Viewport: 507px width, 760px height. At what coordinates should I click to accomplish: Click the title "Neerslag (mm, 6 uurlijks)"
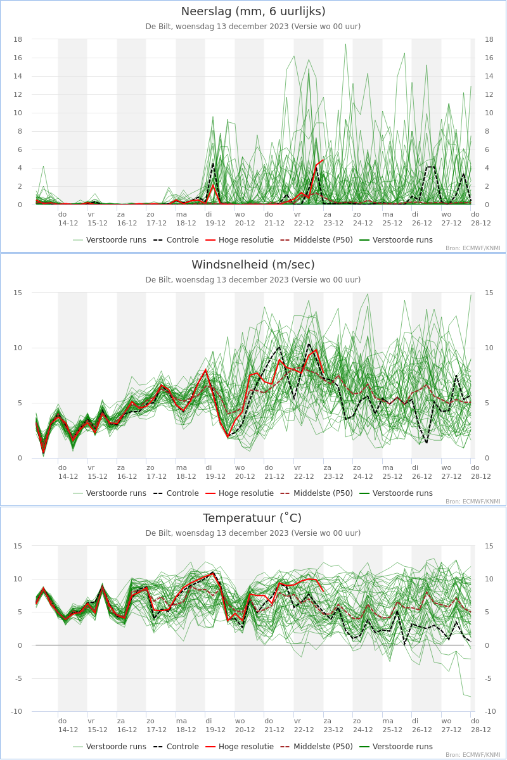pyautogui.click(x=253, y=11)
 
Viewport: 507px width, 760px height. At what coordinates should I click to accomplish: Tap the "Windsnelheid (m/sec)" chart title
pyautogui.click(x=253, y=265)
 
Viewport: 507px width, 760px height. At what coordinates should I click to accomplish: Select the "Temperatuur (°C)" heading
pyautogui.click(x=252, y=518)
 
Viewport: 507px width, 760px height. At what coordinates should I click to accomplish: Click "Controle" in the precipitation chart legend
pyautogui.click(x=183, y=240)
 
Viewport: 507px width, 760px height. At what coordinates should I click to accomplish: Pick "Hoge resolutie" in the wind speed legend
pyautogui.click(x=246, y=493)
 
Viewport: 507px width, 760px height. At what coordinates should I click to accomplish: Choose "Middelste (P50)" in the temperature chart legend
pyautogui.click(x=323, y=747)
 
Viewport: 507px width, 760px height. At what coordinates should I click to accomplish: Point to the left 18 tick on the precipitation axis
pyautogui.click(x=18, y=39)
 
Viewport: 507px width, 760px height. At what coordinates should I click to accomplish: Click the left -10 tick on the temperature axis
pyautogui.click(x=16, y=711)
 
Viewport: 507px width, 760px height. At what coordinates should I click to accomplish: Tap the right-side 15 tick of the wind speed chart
pyautogui.click(x=489, y=293)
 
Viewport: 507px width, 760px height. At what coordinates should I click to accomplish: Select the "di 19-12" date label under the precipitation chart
pyautogui.click(x=215, y=219)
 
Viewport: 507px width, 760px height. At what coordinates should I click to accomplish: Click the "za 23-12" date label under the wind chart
pyautogui.click(x=333, y=472)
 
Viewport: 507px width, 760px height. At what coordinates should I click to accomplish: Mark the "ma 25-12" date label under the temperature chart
pyautogui.click(x=392, y=725)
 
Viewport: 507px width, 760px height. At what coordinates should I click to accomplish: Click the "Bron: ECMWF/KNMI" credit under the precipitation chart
pyautogui.click(x=473, y=248)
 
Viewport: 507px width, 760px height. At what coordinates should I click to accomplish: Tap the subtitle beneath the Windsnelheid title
pyautogui.click(x=253, y=280)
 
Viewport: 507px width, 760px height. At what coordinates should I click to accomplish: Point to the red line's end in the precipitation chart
pyautogui.click(x=323, y=160)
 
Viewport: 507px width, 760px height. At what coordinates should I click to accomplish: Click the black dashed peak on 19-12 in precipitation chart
pyautogui.click(x=213, y=163)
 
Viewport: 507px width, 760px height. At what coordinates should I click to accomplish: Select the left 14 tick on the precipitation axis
pyautogui.click(x=18, y=76)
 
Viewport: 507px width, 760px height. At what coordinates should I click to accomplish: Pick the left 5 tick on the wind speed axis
pyautogui.click(x=20, y=403)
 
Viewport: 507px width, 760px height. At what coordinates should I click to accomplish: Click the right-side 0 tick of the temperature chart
pyautogui.click(x=487, y=645)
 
